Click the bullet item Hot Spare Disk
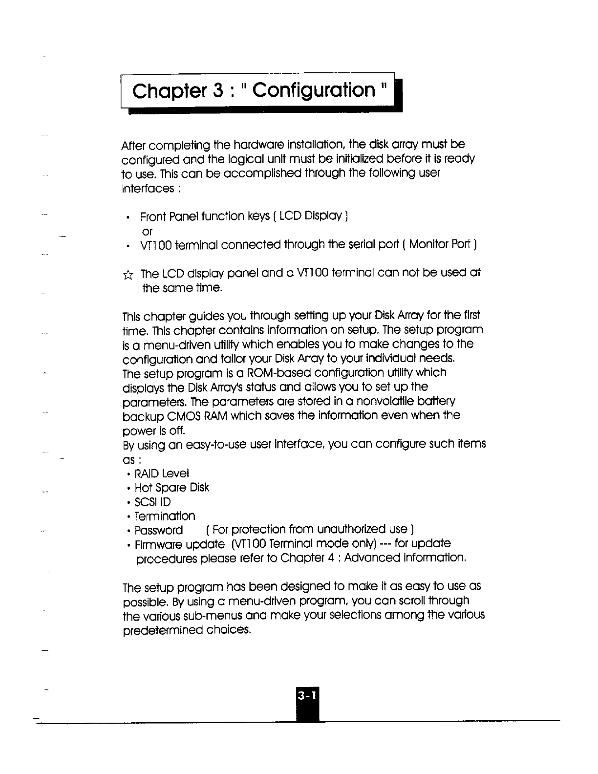tap(171, 488)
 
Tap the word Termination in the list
tap(165, 516)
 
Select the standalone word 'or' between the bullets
tap(146, 231)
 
